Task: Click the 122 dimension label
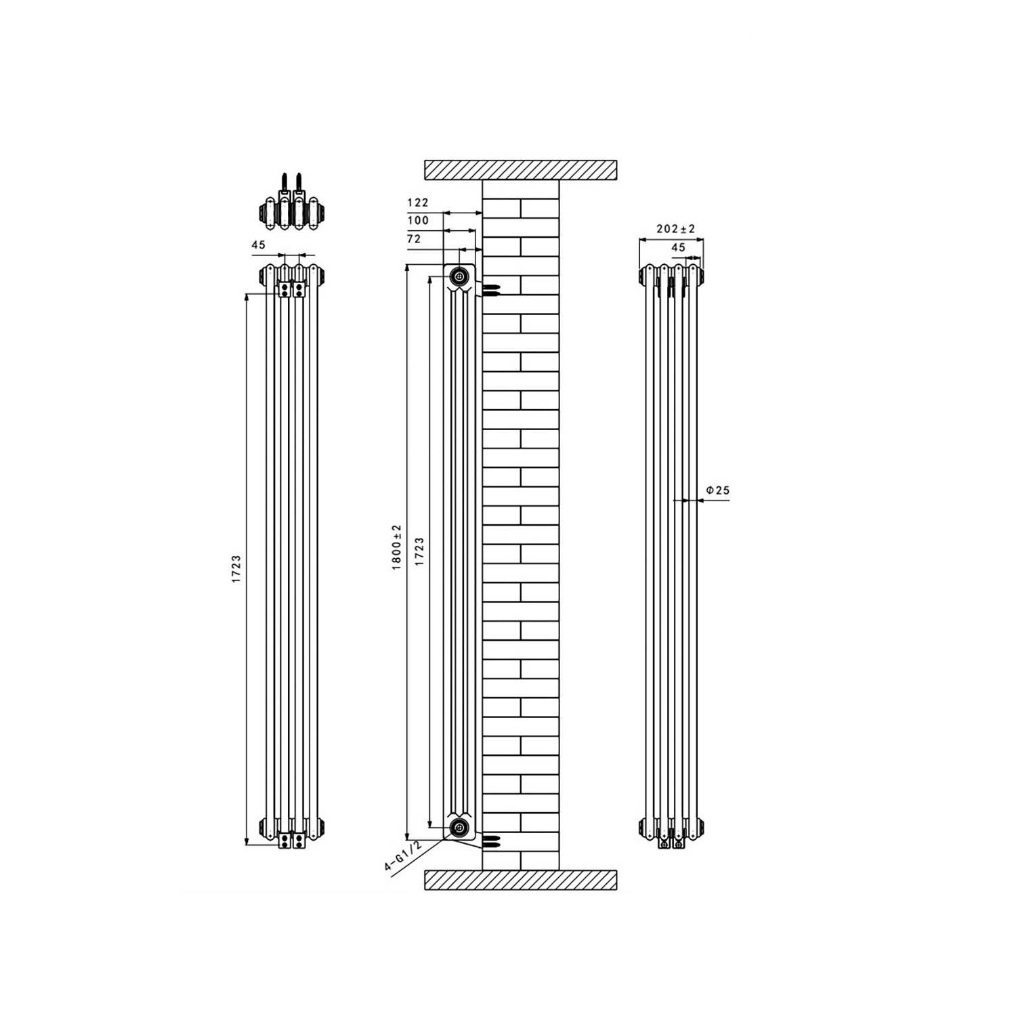[418, 203]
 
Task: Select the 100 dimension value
[418, 220]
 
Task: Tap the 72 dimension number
[414, 238]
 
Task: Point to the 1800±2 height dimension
[398, 547]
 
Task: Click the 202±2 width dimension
[676, 230]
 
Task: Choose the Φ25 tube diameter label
[718, 490]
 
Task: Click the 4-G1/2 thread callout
[403, 857]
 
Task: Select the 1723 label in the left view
[236, 569]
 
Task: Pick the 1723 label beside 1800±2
[419, 551]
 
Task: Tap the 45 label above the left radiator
[259, 245]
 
